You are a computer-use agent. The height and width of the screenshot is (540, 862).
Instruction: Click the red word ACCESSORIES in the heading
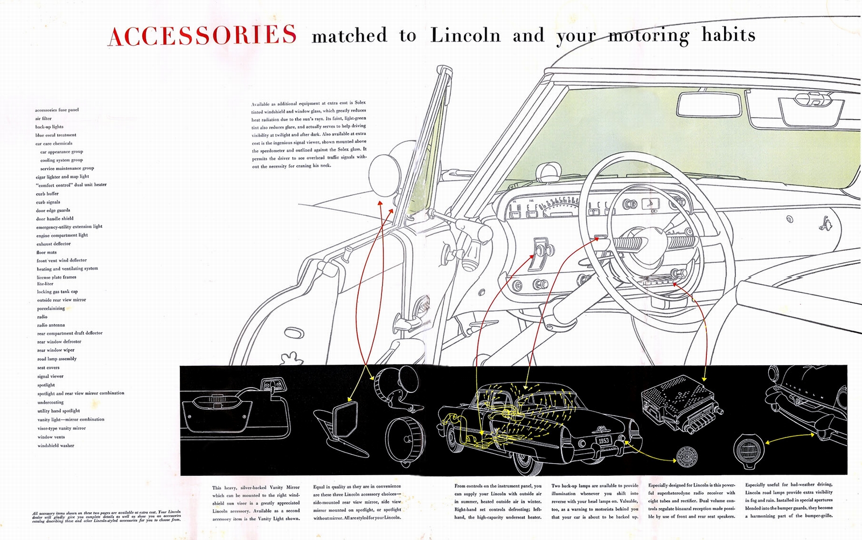point(202,35)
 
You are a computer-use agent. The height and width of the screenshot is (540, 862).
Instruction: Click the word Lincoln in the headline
point(465,36)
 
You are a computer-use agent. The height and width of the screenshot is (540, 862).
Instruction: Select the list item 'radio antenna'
point(51,325)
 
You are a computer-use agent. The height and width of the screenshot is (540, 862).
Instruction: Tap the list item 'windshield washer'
point(55,446)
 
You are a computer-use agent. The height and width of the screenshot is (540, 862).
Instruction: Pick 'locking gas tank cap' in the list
point(57,292)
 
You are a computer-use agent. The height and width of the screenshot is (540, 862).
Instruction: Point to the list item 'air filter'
point(43,119)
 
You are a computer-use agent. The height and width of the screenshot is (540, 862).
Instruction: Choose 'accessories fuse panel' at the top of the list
point(57,110)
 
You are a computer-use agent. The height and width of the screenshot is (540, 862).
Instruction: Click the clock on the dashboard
point(650,204)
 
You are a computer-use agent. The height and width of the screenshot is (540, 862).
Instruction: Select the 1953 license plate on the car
point(603,440)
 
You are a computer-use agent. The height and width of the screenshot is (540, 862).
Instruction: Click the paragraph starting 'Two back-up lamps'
point(594,501)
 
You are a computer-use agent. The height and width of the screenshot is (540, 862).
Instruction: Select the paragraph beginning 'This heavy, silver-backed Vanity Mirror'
point(256,503)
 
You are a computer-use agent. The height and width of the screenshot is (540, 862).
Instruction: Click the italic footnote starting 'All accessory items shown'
point(106,516)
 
